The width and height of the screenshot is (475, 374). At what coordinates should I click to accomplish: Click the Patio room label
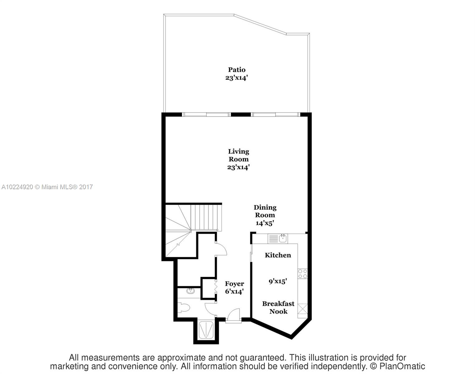pyautogui.click(x=237, y=70)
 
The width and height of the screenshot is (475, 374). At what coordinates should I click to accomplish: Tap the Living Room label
pyautogui.click(x=239, y=155)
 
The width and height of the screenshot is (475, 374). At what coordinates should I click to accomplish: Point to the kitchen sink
pyautogui.click(x=283, y=238)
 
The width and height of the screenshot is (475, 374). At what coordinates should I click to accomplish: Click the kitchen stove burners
pyautogui.click(x=302, y=274)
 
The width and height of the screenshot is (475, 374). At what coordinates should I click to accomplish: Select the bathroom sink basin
pyautogui.click(x=190, y=291)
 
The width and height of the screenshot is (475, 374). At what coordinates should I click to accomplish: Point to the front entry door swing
pyautogui.click(x=233, y=316)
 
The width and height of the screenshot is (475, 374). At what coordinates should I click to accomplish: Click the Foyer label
pyautogui.click(x=234, y=284)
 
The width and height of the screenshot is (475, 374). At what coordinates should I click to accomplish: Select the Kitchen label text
pyautogui.click(x=278, y=255)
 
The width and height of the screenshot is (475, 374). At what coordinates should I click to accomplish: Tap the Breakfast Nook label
pyautogui.click(x=278, y=308)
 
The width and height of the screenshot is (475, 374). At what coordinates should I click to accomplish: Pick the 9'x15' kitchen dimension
pyautogui.click(x=278, y=281)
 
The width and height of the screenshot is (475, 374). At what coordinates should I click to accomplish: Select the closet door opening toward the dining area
pyautogui.click(x=221, y=249)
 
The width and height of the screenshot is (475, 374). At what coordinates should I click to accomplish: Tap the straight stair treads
pyautogui.click(x=206, y=218)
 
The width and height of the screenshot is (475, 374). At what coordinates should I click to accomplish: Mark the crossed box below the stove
pyautogui.click(x=303, y=309)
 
